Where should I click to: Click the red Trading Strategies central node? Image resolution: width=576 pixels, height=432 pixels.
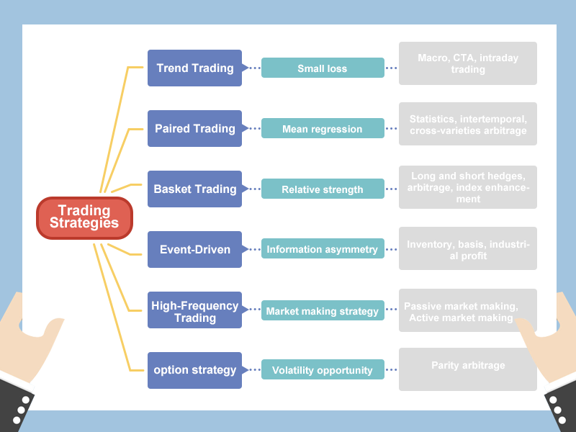84,217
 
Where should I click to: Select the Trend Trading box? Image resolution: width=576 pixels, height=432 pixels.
194,68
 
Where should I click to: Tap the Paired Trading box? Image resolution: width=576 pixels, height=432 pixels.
194,129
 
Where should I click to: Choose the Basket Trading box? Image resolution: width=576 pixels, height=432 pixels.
194,189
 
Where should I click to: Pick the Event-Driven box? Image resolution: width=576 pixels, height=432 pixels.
194,250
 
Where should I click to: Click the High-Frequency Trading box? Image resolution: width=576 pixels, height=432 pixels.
194,311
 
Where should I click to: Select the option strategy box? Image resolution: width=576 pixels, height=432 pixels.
194,370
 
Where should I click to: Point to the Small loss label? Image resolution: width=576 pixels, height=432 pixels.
322,68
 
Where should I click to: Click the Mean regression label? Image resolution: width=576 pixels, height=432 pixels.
322,129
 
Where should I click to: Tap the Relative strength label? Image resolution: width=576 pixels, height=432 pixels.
322,189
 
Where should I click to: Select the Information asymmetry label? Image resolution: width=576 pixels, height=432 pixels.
322,249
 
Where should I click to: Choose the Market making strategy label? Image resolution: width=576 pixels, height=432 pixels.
322,311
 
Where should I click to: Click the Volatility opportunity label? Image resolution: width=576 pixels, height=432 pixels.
322,370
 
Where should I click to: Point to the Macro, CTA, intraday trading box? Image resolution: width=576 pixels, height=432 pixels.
468,63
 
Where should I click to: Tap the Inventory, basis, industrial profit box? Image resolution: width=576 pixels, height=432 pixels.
468,249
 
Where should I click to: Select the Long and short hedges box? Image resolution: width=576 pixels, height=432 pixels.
468,187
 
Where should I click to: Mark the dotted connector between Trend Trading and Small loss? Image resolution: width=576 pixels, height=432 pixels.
251,68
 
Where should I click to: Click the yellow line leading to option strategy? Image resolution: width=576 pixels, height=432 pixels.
115,310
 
